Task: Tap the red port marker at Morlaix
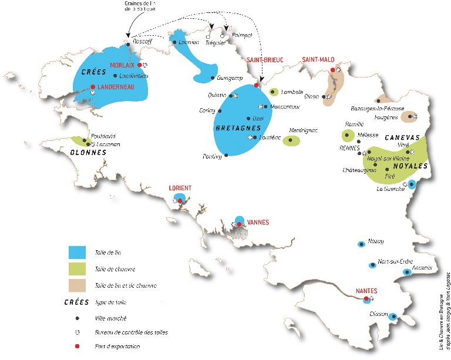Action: click(139, 65)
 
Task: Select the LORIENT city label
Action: click(180, 188)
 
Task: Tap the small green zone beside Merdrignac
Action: click(292, 140)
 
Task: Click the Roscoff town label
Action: click(142, 42)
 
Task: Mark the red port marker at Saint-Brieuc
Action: click(256, 86)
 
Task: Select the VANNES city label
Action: click(258, 222)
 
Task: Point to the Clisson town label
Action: click(376, 314)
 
